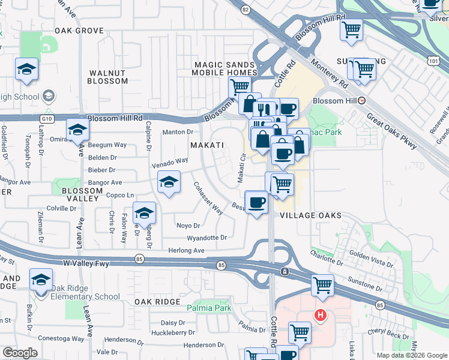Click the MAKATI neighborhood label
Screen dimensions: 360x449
(207, 146)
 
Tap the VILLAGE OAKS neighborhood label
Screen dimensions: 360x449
(310, 215)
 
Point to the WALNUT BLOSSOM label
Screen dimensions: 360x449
(108, 77)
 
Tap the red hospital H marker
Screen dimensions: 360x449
(321, 314)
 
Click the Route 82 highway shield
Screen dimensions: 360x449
(245, 10)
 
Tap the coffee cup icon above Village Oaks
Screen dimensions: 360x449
(257, 202)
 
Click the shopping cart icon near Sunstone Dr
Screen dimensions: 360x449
(323, 286)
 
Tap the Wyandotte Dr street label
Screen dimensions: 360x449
(206, 238)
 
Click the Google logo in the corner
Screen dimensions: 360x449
(20, 353)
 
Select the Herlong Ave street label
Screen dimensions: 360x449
(186, 250)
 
